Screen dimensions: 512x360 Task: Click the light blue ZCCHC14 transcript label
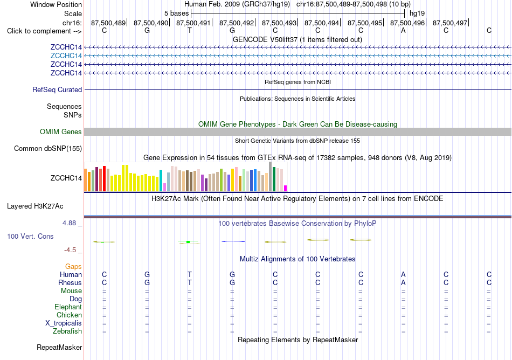pyautogui.click(x=66, y=56)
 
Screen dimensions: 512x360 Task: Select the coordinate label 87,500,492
pyautogui.click(x=237, y=23)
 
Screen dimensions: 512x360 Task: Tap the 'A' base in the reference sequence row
pyautogui.click(x=403, y=31)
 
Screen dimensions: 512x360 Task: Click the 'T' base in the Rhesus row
pyautogui.click(x=189, y=282)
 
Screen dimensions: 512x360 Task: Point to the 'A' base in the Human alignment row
pyautogui.click(x=403, y=274)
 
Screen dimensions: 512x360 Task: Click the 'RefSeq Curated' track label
pyautogui.click(x=57, y=90)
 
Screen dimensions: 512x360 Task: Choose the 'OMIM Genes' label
pyautogui.click(x=61, y=132)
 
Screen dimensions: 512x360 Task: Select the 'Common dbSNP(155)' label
pyautogui.click(x=48, y=149)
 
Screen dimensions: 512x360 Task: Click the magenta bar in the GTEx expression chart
pyautogui.click(x=286, y=188)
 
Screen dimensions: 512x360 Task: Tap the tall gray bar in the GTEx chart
pyautogui.click(x=270, y=177)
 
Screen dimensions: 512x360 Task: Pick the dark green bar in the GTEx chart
pyautogui.click(x=274, y=179)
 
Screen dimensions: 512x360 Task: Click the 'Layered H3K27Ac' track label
pyautogui.click(x=35, y=206)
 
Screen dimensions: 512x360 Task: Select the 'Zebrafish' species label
pyautogui.click(x=67, y=331)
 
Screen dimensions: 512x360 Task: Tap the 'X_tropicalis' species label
pyautogui.click(x=64, y=323)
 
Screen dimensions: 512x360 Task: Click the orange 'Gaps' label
pyautogui.click(x=73, y=267)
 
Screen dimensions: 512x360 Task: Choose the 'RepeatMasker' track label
pyautogui.click(x=59, y=347)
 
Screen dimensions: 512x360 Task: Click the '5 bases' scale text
pyautogui.click(x=176, y=13)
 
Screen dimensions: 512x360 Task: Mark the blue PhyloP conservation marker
pyautogui.click(x=233, y=241)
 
